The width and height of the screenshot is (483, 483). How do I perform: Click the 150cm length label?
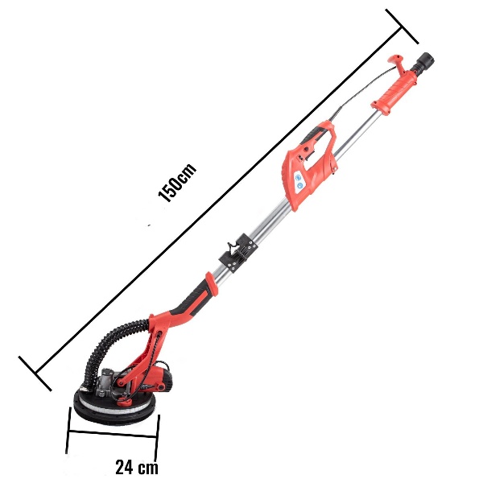[177, 183]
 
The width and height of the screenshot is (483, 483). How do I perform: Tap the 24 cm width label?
[137, 467]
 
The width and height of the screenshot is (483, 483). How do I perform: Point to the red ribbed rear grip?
[395, 90]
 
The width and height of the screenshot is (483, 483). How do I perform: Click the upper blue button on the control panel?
[298, 178]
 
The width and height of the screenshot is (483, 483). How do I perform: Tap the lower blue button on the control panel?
[299, 185]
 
